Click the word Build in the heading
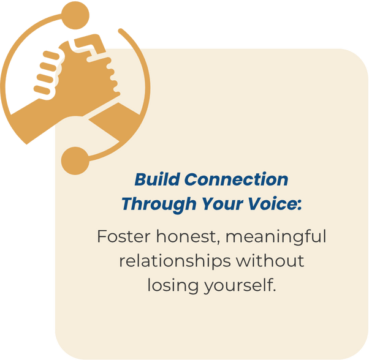[158, 179]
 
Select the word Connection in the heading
[236, 179]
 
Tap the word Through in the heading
[159, 204]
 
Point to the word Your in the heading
[222, 203]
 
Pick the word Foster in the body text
[124, 236]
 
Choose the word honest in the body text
[186, 236]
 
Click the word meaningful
[276, 237]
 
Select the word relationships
[175, 261]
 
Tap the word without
[270, 261]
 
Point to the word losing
[173, 286]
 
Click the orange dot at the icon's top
[75, 15]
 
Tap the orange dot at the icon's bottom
[75, 161]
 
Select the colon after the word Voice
[299, 205]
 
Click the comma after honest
[218, 242]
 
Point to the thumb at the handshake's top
[90, 44]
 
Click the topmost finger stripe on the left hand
[51, 55]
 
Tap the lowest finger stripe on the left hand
[42, 90]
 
